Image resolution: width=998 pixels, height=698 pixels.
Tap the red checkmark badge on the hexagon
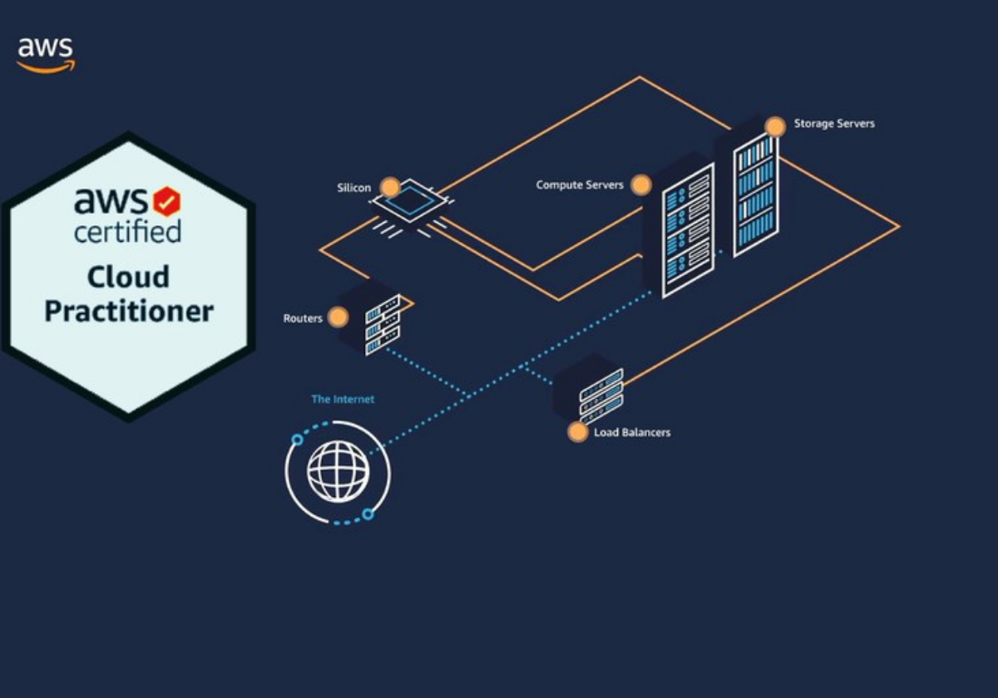tap(166, 201)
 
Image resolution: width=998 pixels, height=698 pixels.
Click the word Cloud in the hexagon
tap(128, 277)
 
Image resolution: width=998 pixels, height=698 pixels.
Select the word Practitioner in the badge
tap(129, 312)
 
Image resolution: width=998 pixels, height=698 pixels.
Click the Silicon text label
tap(354, 188)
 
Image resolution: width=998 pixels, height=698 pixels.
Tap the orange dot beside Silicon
tap(388, 187)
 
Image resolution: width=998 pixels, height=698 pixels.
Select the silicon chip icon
tap(408, 203)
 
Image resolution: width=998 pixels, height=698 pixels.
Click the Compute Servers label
tap(580, 184)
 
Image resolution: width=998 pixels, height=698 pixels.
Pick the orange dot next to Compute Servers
tap(640, 184)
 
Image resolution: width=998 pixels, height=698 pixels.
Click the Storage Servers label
tap(834, 124)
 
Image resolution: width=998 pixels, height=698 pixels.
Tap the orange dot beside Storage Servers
tap(775, 126)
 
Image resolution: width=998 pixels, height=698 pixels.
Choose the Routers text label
tap(303, 318)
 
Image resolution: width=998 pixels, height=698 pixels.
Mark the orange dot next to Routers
tap(337, 317)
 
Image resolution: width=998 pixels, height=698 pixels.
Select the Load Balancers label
tap(632, 432)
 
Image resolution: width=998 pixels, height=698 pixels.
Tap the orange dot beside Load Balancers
tap(577, 431)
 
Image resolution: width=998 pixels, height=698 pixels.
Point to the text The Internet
tap(343, 400)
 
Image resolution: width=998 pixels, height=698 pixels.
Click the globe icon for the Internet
tap(338, 472)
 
